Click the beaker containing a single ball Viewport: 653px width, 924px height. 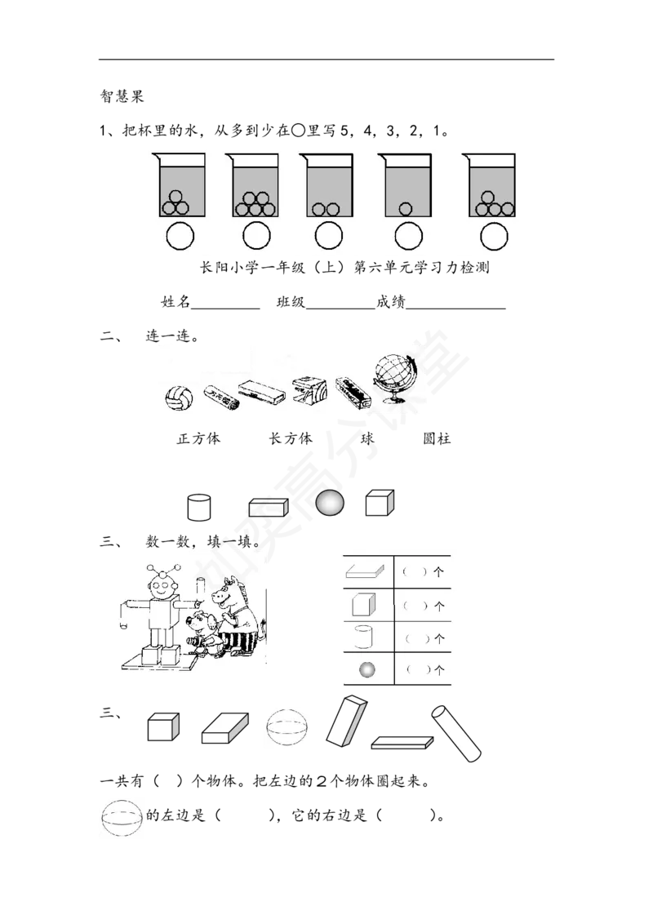coord(405,185)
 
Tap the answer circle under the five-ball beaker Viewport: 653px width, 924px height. coord(256,237)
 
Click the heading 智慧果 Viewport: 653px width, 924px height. coord(122,96)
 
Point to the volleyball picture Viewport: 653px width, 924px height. coord(179,398)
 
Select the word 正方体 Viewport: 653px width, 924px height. coord(198,438)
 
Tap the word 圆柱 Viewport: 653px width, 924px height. coord(437,438)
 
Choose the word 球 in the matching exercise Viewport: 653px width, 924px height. coord(368,438)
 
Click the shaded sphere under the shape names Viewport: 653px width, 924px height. coord(330,504)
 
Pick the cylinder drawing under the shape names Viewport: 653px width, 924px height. coord(198,507)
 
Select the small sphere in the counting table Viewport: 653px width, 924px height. coord(367,669)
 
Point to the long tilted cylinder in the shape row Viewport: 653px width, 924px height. coord(456,733)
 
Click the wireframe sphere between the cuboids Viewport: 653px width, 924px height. coord(287,727)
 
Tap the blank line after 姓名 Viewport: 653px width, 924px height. coord(225,308)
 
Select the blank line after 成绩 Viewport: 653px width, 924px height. coord(455,308)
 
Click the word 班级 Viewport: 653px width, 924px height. coord(291,302)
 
